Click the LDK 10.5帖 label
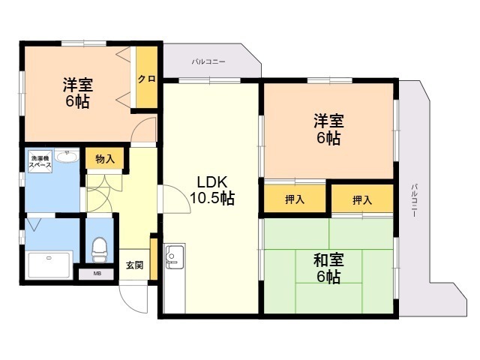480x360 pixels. tap(212, 190)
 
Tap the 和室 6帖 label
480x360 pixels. tap(328, 268)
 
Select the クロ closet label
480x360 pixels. tap(147, 79)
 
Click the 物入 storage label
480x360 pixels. tap(105, 159)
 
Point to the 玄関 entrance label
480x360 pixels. tap(135, 265)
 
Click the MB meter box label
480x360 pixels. tap(97, 274)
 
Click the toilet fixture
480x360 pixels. tap(99, 250)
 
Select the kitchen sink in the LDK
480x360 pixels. tap(175, 256)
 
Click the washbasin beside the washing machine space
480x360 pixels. tap(67, 156)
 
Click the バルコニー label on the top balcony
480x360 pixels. tap(208, 61)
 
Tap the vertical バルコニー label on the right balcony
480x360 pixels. tap(414, 200)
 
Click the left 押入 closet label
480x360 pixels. tap(295, 199)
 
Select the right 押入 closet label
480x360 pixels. tap(362, 200)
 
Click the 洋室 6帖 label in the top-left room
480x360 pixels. tap(78, 93)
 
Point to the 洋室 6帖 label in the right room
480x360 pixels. tap(328, 129)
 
